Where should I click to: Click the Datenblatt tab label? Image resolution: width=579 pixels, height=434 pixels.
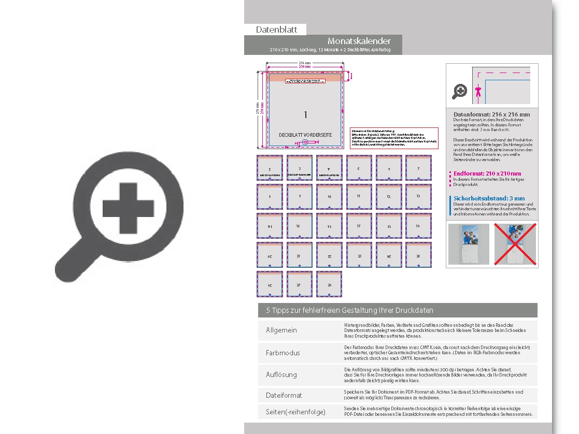point(276,30)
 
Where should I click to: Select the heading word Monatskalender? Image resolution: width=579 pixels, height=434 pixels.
point(359,41)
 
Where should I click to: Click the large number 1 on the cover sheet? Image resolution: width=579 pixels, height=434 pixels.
point(305,114)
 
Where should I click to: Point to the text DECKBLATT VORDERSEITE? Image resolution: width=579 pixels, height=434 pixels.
point(305,135)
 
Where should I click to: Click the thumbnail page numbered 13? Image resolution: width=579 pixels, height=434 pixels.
point(418,197)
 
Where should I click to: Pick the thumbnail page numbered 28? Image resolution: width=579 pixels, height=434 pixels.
point(329,284)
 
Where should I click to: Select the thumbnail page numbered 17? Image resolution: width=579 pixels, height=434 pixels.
point(358,226)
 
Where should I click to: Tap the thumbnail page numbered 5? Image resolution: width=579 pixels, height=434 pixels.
point(358,168)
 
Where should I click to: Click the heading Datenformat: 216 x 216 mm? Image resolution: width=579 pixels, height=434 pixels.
point(491,114)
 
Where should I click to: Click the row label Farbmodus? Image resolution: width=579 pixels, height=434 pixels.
point(283,353)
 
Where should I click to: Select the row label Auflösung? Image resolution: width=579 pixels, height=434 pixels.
point(281,374)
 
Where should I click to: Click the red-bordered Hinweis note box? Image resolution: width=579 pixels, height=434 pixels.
point(394,138)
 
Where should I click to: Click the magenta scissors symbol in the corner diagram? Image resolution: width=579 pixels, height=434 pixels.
point(478,92)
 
